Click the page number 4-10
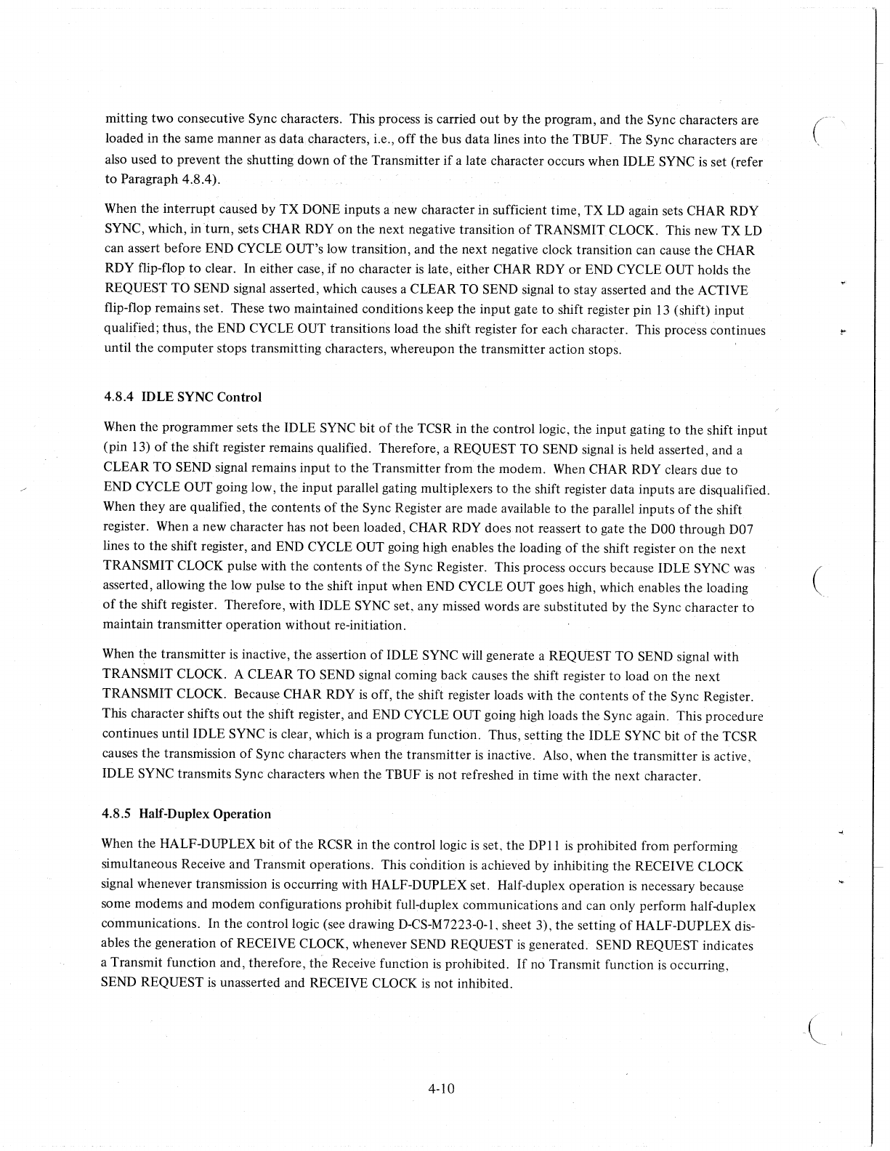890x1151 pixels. click(441, 1089)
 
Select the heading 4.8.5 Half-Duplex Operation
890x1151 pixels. click(187, 814)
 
